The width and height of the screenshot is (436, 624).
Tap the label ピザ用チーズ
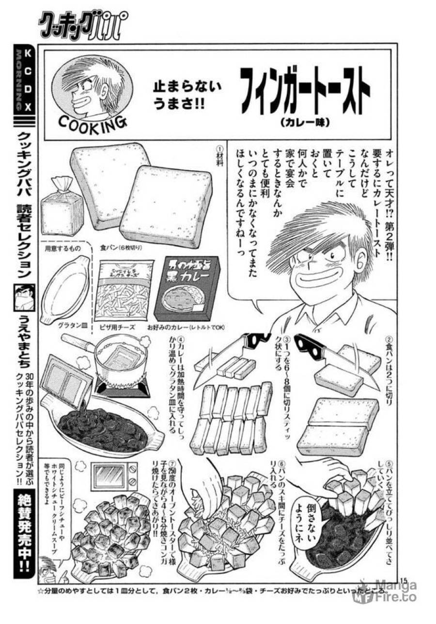click(118, 328)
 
